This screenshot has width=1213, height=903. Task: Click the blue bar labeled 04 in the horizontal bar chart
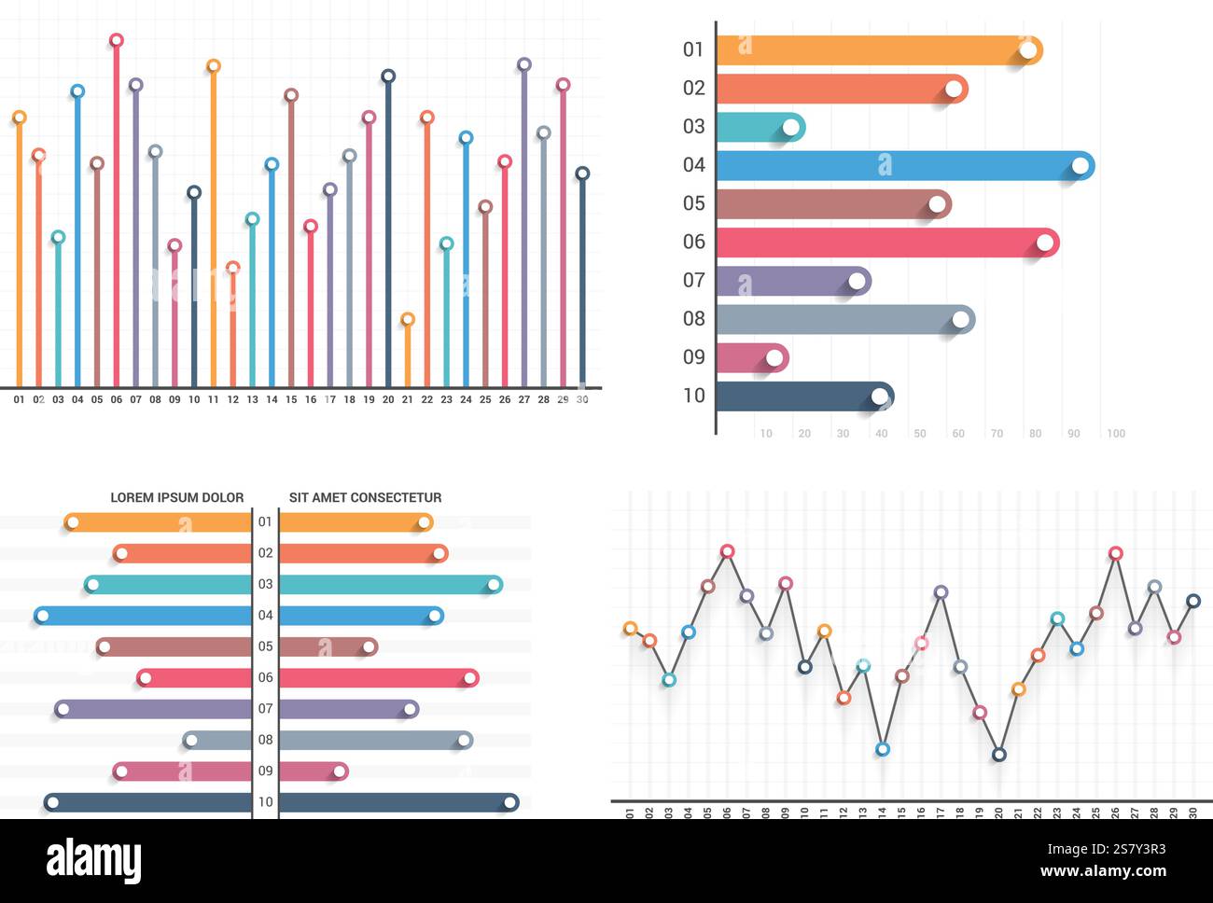pos(896,166)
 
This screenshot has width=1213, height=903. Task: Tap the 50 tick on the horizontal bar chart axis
pos(920,434)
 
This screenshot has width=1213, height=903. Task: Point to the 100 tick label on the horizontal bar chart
pos(1115,434)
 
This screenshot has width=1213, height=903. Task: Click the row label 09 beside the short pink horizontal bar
pos(693,356)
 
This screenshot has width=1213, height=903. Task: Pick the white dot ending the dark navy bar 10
pos(879,396)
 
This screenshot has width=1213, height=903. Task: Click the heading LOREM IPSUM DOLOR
pos(177,497)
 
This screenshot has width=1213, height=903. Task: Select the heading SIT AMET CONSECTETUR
pos(365,497)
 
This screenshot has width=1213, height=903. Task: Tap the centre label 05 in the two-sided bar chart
pos(266,646)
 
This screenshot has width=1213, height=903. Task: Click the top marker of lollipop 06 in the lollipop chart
pos(117,40)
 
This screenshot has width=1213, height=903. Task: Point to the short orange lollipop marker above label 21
pos(407,319)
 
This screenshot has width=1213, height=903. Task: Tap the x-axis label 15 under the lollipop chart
pos(291,400)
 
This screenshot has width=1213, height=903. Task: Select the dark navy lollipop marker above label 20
pos(388,76)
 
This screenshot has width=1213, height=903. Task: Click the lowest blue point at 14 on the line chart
pos(883,749)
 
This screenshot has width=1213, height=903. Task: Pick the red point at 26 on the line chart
pos(1115,553)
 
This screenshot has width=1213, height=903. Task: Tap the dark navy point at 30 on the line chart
pos(1192,601)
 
